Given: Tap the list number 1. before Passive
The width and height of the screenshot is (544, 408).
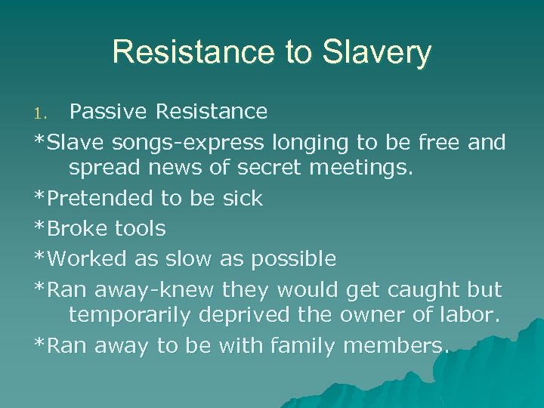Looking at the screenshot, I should click(x=43, y=113).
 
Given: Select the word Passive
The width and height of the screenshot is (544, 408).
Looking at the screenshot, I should click(x=109, y=112).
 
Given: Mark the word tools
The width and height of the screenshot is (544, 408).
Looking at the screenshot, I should click(x=141, y=228).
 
